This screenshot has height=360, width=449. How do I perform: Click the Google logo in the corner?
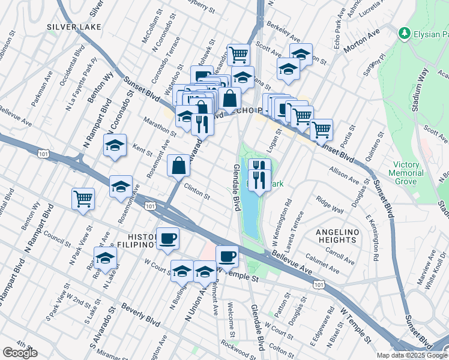[x=20, y=353]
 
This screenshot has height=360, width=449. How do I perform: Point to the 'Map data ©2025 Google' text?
[x=411, y=355]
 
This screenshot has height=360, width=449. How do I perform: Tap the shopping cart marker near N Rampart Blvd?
[x=83, y=199]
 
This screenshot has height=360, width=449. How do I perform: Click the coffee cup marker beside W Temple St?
[x=227, y=256]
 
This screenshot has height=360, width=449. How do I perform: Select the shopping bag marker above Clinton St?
[x=179, y=166]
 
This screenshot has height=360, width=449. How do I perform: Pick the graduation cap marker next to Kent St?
[x=115, y=146]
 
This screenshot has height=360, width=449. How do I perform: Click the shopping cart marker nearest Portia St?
[x=321, y=128]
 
